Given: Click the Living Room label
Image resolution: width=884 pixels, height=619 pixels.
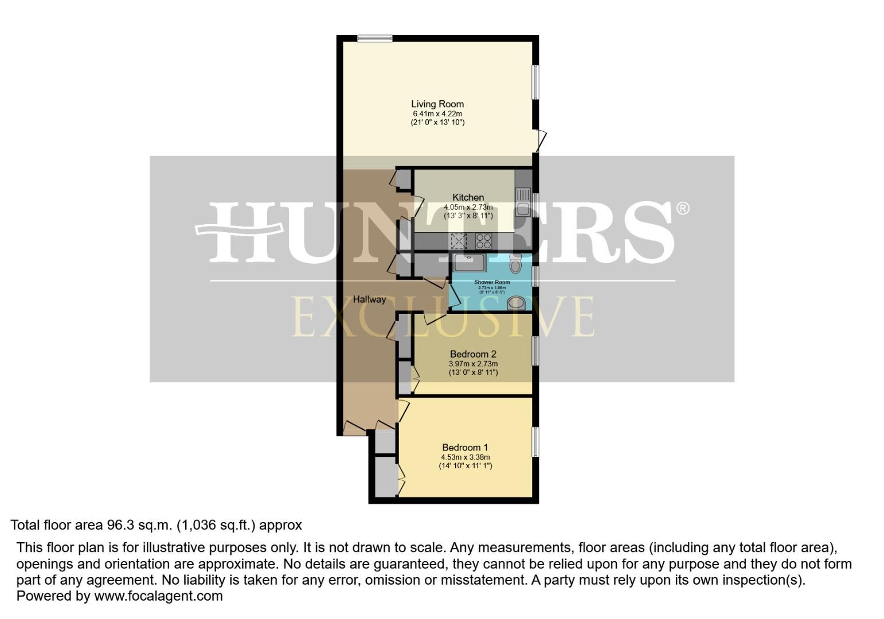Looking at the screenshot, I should coord(437,104).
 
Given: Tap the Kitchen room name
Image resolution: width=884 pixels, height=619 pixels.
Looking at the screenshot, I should coord(468,198).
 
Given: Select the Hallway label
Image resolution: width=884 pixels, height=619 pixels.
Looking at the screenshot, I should coord(369,299).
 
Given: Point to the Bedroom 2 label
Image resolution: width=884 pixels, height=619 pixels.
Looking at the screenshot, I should coord(473,354).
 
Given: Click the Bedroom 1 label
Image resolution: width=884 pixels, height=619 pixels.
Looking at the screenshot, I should coord(465,448).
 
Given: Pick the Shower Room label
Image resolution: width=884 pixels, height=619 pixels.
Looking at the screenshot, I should coord(492,282).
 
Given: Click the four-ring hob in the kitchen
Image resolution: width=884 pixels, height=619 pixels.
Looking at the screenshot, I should coord(483,240).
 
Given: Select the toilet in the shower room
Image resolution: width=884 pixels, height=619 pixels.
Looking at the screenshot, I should coord(515,264).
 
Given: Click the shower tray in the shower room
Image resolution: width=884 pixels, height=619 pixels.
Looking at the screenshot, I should coord(470,263).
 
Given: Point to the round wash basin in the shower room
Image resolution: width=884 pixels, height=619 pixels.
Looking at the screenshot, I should coord(516,303).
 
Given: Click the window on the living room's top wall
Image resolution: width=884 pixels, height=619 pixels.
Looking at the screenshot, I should coord(375,38).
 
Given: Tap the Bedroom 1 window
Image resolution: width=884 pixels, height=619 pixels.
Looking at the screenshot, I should coord(535,442).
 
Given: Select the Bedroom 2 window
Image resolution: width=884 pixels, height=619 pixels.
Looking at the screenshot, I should coord(535,350).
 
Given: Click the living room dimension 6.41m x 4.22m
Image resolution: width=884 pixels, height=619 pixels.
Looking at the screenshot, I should coord(437,113).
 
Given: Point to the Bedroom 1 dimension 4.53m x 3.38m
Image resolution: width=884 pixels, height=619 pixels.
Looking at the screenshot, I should coord(465,457).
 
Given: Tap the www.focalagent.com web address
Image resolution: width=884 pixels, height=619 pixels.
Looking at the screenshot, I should coord(158,596).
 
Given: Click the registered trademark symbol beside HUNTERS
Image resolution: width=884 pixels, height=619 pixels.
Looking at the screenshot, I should coord(682,209).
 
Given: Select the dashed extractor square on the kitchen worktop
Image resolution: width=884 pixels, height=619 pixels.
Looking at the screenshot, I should coord(459,240).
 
